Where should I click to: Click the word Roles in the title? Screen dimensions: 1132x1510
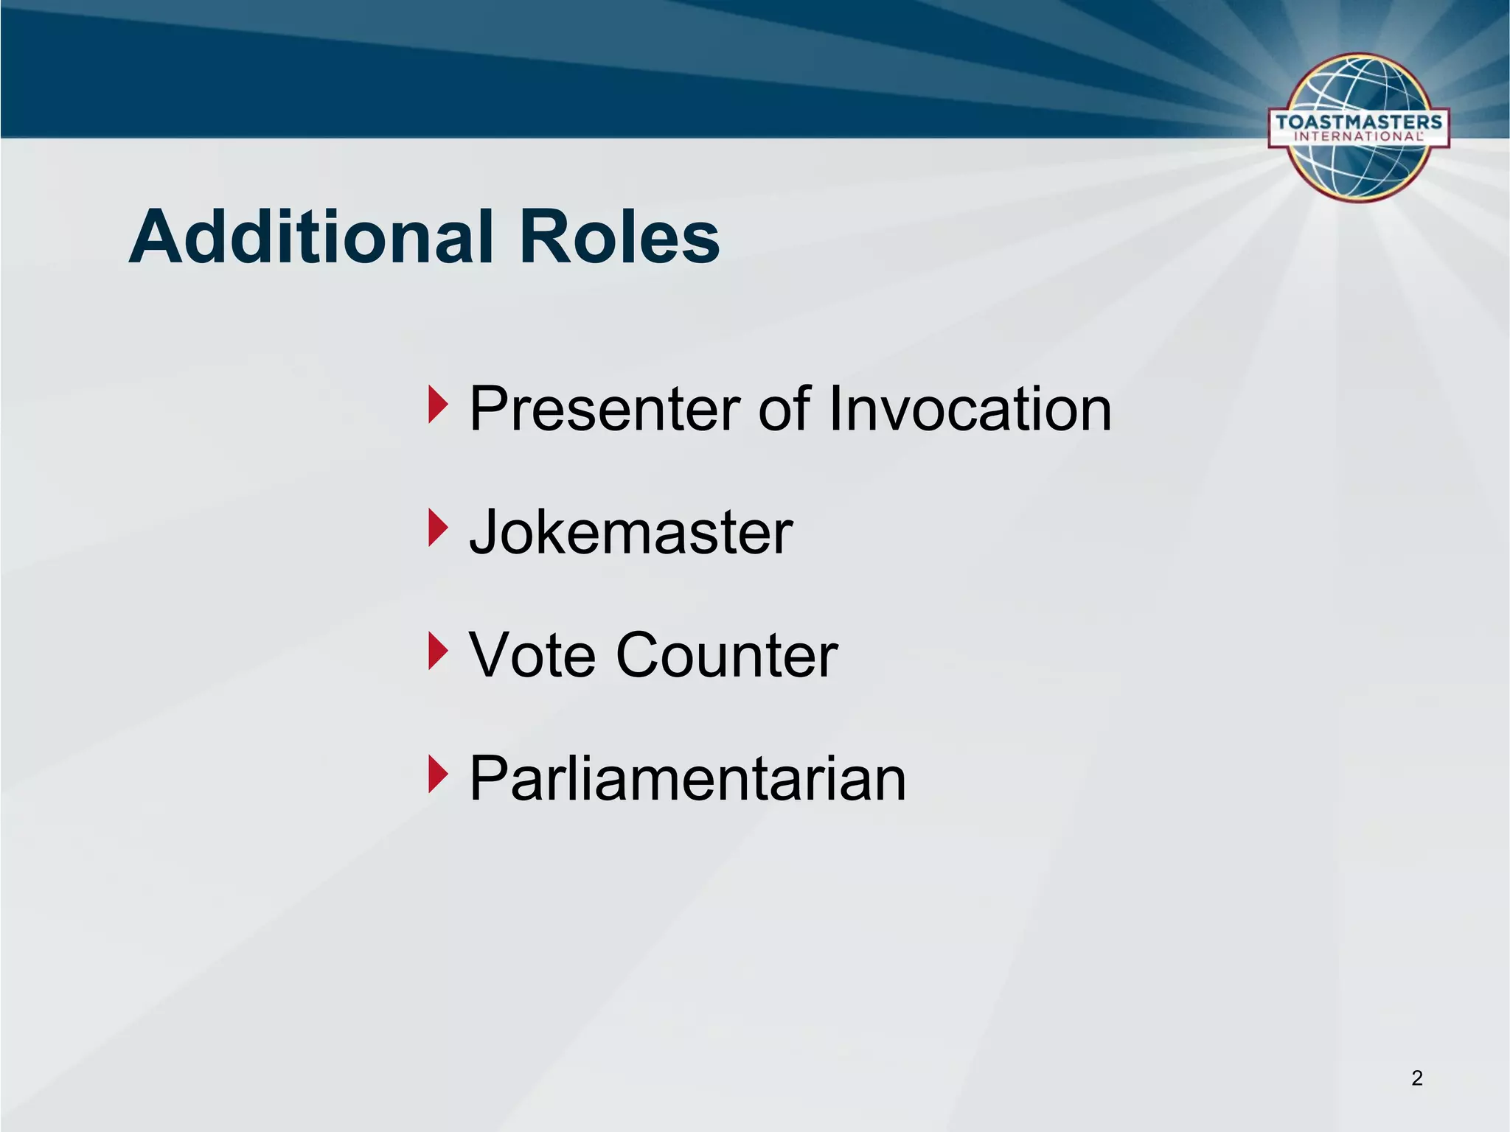coord(619,237)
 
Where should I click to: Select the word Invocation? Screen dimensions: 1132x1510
coord(969,409)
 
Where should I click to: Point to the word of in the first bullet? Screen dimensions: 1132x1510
coord(785,409)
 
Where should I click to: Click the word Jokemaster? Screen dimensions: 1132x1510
coord(630,532)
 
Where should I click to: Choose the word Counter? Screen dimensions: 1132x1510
coord(726,655)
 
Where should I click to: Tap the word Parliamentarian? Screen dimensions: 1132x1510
coord(687,779)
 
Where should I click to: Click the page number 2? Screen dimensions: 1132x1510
coord(1416,1078)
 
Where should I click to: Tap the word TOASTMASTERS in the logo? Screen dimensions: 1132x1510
coord(1358,122)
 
